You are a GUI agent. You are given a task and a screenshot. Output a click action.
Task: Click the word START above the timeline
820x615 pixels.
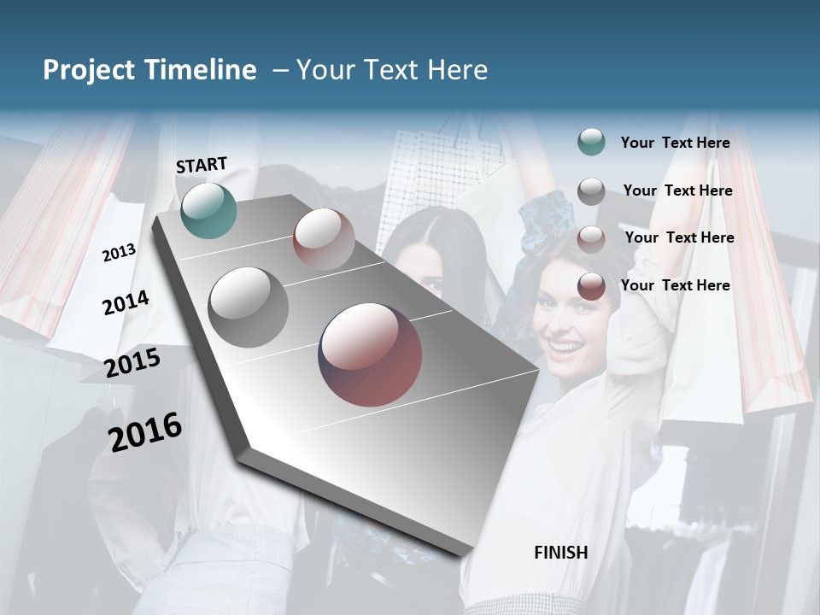(x=202, y=165)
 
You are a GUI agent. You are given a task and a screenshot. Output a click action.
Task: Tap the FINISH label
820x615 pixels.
(x=560, y=553)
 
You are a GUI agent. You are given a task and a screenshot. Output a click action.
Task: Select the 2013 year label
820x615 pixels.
(x=119, y=253)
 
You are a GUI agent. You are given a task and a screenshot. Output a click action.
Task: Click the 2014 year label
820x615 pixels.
(x=126, y=302)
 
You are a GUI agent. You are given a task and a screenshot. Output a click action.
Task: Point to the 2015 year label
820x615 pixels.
(x=132, y=363)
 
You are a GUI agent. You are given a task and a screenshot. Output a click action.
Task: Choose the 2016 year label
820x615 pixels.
(x=145, y=432)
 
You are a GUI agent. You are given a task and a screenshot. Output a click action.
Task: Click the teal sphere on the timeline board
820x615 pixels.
(x=208, y=210)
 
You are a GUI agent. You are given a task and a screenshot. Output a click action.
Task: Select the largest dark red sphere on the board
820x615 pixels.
(x=370, y=354)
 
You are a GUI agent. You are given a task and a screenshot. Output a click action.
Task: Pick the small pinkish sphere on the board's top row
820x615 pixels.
(x=324, y=239)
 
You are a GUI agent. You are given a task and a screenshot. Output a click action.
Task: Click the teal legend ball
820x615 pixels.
(x=591, y=143)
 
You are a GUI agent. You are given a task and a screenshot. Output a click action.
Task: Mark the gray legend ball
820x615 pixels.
(x=591, y=191)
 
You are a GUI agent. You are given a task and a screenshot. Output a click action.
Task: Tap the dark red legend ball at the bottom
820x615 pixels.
(x=591, y=286)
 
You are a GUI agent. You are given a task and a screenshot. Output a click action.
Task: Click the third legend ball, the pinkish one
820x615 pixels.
(x=591, y=238)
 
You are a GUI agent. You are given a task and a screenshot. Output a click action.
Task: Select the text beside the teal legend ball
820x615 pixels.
(x=675, y=143)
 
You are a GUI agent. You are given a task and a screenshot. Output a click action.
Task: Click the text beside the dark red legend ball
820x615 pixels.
(x=675, y=285)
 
